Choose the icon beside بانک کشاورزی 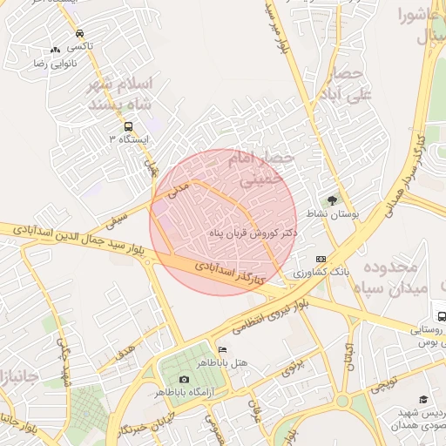321,259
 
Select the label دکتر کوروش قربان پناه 254,233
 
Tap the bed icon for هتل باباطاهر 222,349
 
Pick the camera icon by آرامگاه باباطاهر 184,379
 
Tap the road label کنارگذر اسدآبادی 229,272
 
